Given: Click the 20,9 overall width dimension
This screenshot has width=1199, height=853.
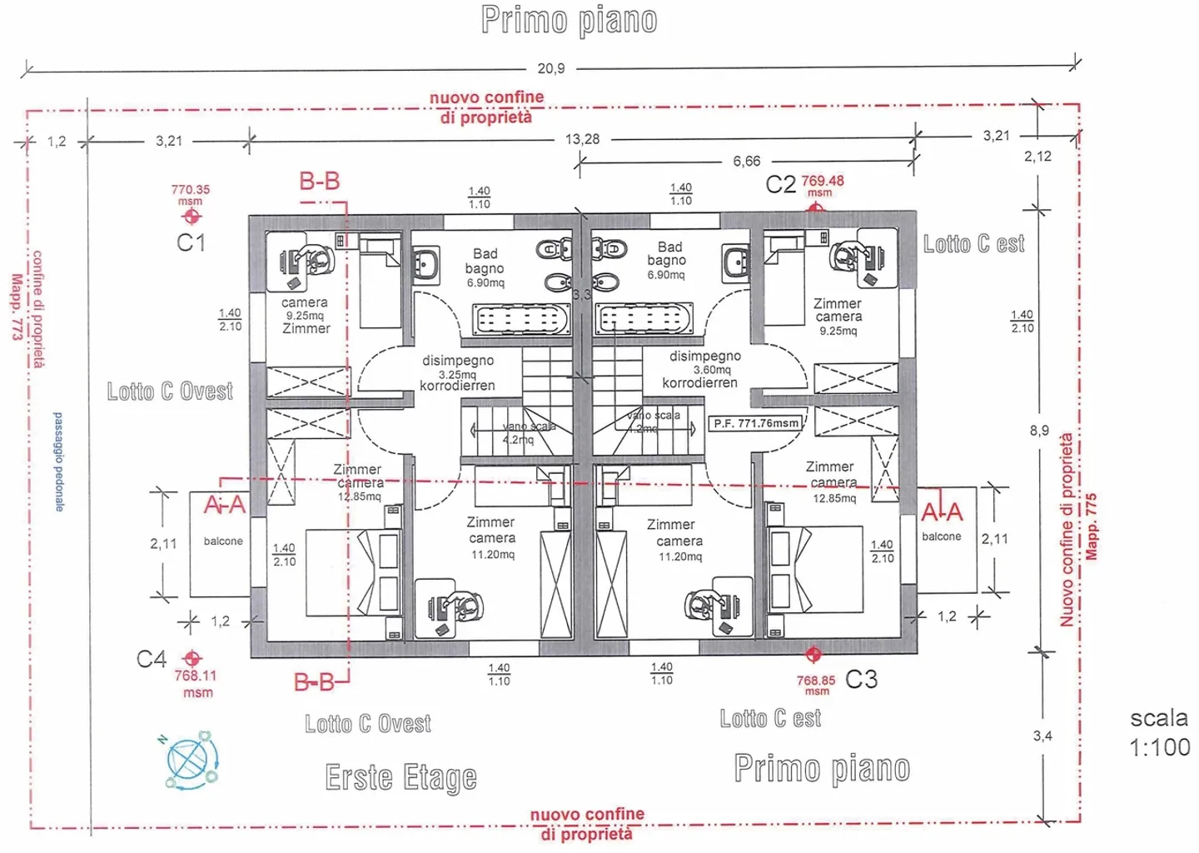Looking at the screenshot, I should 551,68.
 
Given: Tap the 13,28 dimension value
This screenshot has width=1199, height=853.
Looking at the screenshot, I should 582,139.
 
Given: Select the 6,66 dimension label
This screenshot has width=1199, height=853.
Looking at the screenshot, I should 746,161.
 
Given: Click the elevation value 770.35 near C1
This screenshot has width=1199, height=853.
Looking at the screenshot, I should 191,190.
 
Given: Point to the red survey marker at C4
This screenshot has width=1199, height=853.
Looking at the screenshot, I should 192,658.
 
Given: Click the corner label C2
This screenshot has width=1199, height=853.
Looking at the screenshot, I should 780,184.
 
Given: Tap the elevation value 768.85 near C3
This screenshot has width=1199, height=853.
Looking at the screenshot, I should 816,681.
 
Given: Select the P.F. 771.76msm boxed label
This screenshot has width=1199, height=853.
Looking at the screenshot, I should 756,423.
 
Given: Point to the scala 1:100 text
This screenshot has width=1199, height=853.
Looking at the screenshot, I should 1159,732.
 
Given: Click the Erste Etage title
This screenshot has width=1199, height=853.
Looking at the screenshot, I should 400,777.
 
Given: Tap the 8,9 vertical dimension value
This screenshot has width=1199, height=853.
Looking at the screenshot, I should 1039,431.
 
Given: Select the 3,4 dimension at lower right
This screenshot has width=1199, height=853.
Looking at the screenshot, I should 1042,736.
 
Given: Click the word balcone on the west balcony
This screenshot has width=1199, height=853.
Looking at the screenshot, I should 223,541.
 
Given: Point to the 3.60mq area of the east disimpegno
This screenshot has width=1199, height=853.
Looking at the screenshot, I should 712,369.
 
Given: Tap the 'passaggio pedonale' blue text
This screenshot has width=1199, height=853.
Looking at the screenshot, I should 58,461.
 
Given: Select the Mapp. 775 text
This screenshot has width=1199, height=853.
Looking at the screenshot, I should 1092,526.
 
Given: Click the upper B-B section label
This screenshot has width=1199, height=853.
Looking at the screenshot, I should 320,181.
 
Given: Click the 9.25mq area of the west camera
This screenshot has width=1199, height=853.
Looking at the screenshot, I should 305,316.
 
